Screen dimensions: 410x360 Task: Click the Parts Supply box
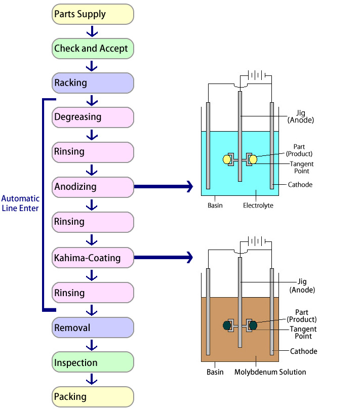pos(93,14)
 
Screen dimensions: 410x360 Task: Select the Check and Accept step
pos(93,49)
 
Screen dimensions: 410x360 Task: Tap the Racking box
pos(93,83)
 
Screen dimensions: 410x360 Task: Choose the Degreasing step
pos(93,117)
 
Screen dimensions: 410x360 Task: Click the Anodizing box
pos(93,187)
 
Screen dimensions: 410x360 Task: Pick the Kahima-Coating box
pos(93,258)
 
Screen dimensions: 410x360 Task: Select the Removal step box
pos(93,328)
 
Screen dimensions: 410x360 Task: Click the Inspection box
pos(93,363)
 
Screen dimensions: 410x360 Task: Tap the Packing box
pos(93,397)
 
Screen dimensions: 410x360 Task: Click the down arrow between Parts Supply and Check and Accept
pos(92,32)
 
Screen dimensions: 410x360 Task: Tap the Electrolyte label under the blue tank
pos(258,206)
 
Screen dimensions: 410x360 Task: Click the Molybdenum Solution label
pos(270,372)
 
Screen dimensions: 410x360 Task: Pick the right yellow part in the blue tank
pos(253,159)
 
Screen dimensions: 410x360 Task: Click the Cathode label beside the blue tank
pos(300,185)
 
